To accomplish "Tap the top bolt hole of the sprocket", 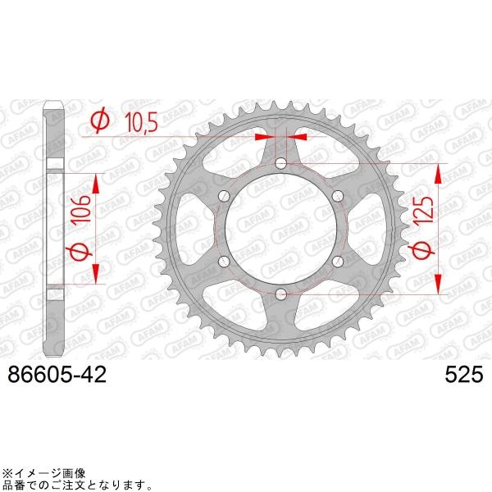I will click(x=281, y=164).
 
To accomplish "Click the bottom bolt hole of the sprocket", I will click(x=281, y=293).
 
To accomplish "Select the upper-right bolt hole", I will click(x=337, y=195).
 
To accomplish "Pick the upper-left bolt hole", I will click(x=225, y=195).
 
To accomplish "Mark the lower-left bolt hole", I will click(x=225, y=261).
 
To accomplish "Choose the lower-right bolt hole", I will click(x=337, y=261).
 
